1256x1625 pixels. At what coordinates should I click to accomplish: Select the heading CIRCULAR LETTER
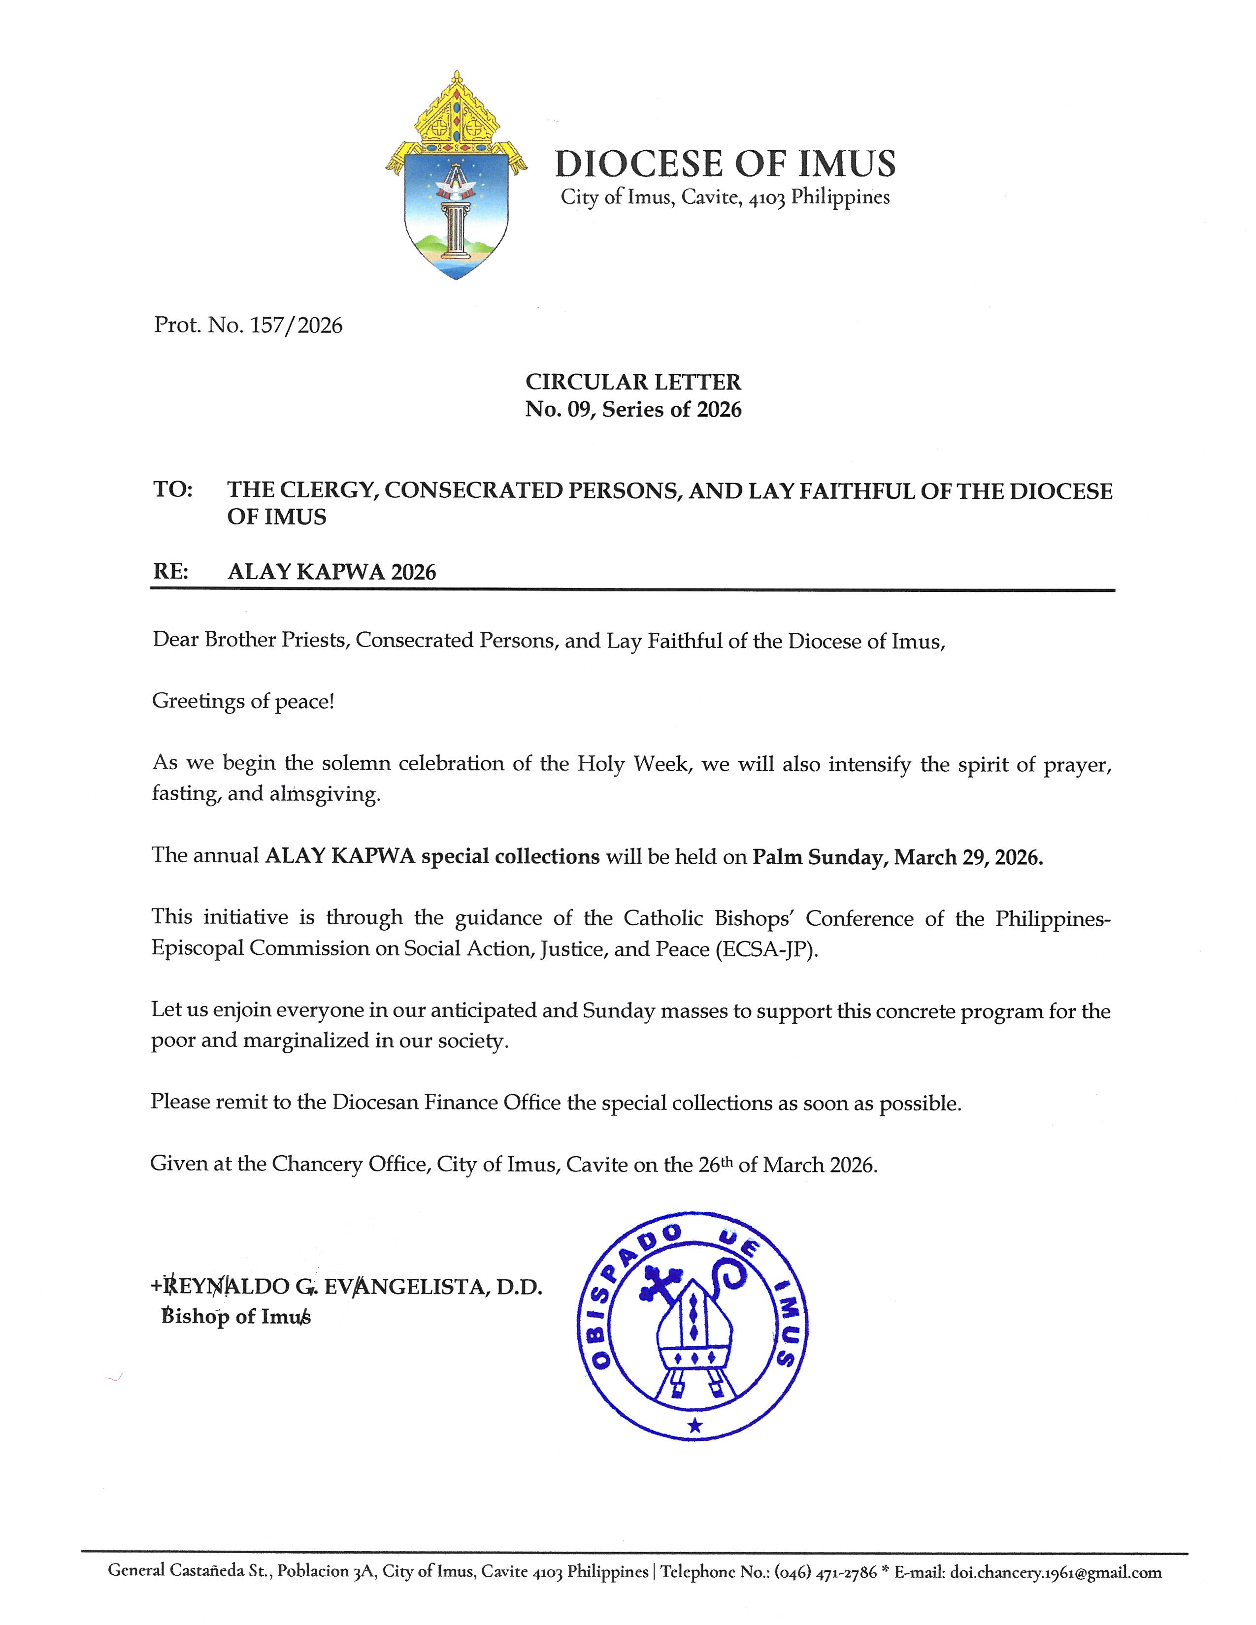(x=633, y=382)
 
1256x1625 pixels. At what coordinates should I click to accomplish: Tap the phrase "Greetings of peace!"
(x=243, y=701)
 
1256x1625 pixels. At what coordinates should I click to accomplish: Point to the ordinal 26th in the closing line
(x=716, y=1164)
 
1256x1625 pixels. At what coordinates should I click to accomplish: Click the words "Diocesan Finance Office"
(x=446, y=1102)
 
